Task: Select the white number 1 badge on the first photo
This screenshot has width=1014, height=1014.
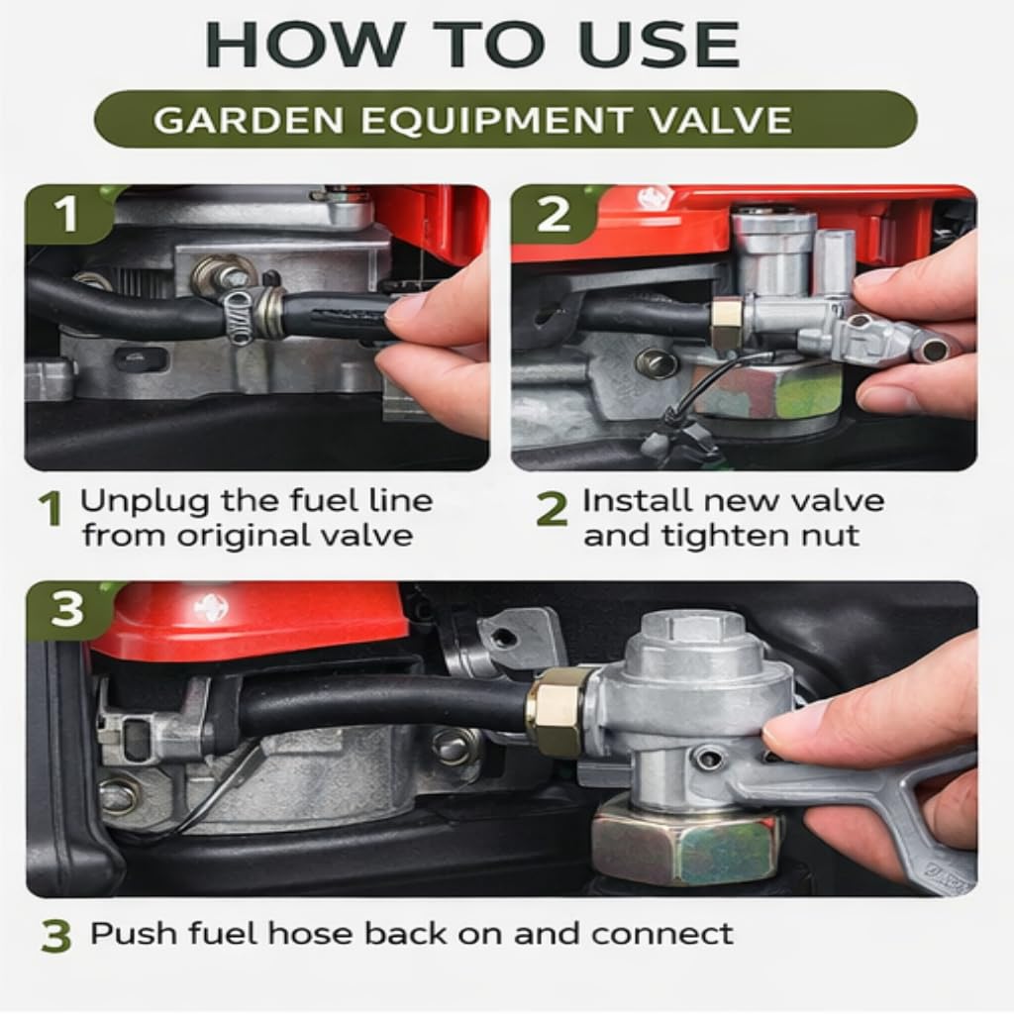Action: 67,214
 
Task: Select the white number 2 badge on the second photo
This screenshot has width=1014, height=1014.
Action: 553,214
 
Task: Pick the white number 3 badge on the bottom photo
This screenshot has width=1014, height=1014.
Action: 67,609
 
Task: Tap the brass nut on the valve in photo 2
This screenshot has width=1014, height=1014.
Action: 724,322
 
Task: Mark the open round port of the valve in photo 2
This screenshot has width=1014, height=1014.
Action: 932,350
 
